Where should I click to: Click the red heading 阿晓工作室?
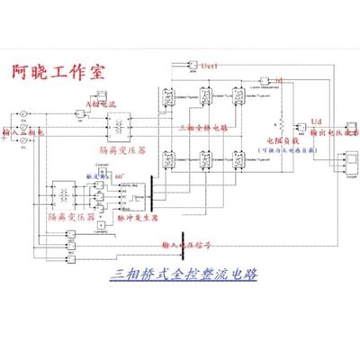(55, 70)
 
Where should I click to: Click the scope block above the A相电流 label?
(101, 94)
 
